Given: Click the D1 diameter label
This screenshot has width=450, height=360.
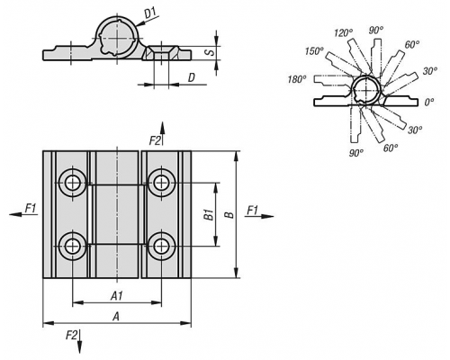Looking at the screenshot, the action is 150,13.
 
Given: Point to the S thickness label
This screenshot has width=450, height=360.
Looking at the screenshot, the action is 211,52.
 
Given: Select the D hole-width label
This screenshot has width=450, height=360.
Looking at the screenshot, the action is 192,78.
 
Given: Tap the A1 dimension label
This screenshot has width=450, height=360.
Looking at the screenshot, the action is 117,296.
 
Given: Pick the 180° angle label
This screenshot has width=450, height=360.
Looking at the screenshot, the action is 297,79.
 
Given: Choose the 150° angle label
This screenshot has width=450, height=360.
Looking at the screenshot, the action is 314,51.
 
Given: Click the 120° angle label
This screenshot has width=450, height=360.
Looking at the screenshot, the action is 344,32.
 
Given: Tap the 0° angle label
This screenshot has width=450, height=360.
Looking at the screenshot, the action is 429,103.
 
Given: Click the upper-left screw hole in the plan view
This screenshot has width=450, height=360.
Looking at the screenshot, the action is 73,183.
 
